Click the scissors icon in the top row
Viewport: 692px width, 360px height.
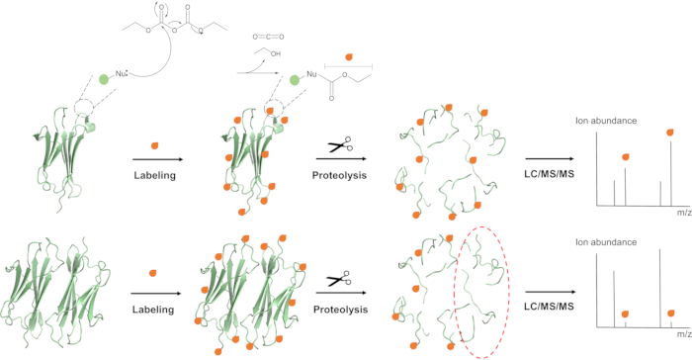tap(340, 144)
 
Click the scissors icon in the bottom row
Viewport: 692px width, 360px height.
tap(339, 279)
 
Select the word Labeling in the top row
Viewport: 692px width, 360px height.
tap(155, 176)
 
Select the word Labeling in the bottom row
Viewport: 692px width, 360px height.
tap(153, 310)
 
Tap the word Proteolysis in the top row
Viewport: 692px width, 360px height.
tap(339, 176)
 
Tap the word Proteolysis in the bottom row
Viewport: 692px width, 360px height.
tap(340, 310)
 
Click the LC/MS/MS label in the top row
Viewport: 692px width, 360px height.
tap(549, 174)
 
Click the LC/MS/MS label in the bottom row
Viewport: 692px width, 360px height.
tap(549, 307)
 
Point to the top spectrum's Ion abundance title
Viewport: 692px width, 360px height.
tap(606, 121)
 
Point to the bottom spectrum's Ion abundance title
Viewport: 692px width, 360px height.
tap(606, 242)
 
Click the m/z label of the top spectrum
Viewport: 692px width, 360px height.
tap(684, 213)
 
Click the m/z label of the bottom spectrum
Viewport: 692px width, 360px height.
tap(684, 334)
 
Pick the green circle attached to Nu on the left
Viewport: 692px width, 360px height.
tap(104, 79)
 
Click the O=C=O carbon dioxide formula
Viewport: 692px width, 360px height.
tap(268, 37)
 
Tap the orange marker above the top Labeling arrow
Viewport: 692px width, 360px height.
tap(154, 145)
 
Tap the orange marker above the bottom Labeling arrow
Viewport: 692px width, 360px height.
tap(152, 273)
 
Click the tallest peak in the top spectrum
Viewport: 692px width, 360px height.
tap(671, 174)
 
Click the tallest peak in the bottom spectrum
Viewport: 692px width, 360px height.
tap(660, 289)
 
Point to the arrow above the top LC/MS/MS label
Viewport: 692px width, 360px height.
tap(550, 158)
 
